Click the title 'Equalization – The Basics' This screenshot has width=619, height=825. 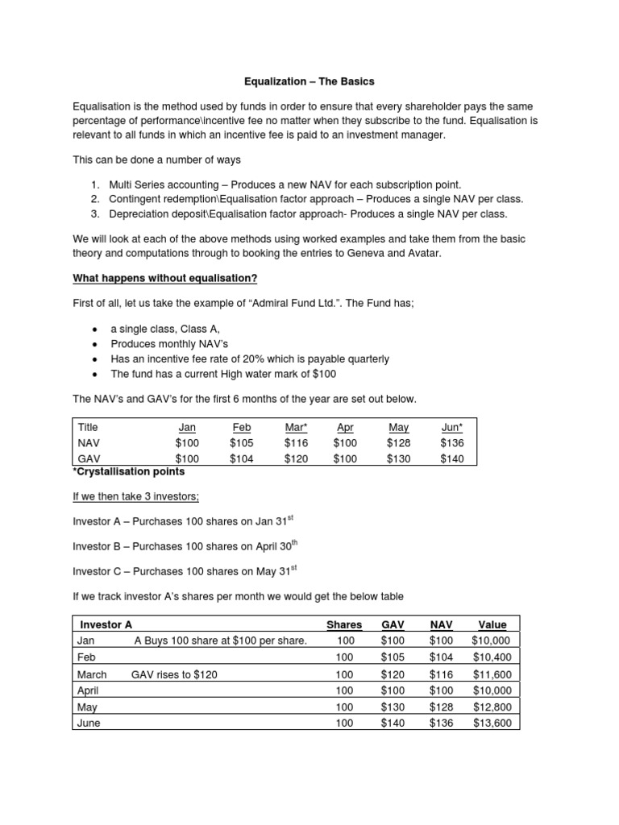coord(310,81)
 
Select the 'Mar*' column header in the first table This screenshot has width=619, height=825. coord(296,427)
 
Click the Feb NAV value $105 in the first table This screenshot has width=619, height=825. coord(241,442)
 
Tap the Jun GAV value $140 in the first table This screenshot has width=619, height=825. coord(452,458)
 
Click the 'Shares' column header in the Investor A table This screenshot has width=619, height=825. coord(344,624)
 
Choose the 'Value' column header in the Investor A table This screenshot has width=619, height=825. coord(492,624)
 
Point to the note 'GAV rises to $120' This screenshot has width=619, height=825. coord(174,674)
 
